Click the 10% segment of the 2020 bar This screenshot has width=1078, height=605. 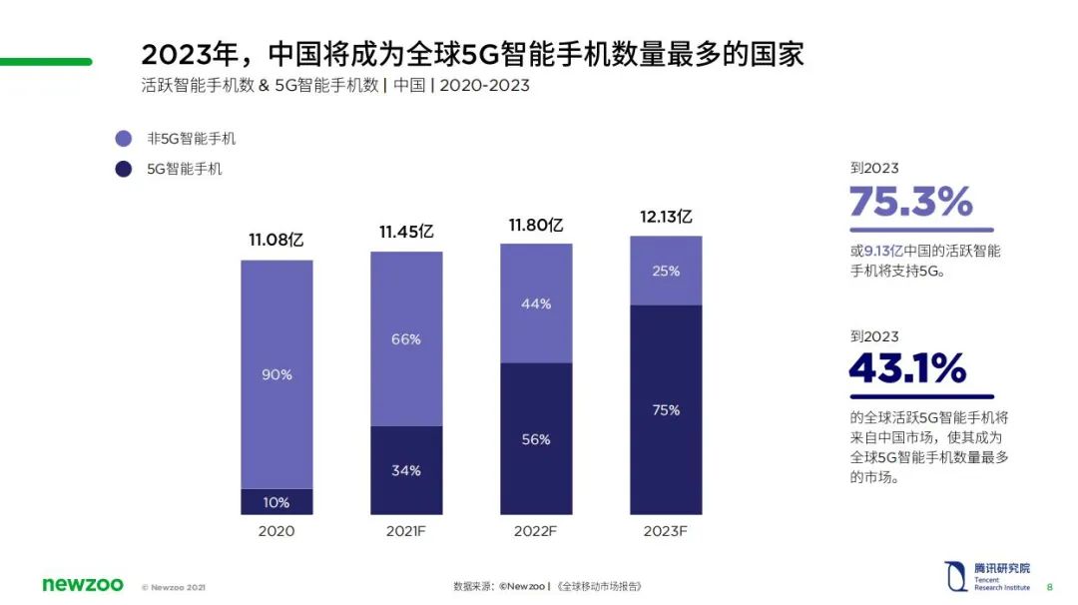(276, 501)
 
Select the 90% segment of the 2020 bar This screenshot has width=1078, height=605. (276, 374)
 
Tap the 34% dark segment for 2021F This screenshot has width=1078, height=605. (406, 470)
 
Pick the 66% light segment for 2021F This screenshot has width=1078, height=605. (406, 339)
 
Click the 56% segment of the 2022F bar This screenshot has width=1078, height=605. (536, 439)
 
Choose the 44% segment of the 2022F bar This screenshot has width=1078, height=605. (536, 303)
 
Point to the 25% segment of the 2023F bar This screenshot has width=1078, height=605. (666, 271)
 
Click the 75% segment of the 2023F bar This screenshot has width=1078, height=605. (666, 409)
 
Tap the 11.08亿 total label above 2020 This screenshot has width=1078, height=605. (276, 241)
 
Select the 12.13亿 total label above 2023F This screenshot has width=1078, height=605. (666, 217)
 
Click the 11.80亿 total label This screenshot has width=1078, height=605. (536, 225)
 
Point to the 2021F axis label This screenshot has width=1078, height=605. (406, 531)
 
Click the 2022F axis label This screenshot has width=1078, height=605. (536, 531)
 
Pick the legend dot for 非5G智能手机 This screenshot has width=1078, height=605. (124, 139)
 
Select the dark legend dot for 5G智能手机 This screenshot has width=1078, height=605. (124, 169)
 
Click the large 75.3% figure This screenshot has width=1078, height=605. (910, 203)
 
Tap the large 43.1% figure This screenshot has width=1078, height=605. (907, 369)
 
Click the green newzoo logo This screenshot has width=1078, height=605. (83, 584)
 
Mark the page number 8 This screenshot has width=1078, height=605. (1049, 586)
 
